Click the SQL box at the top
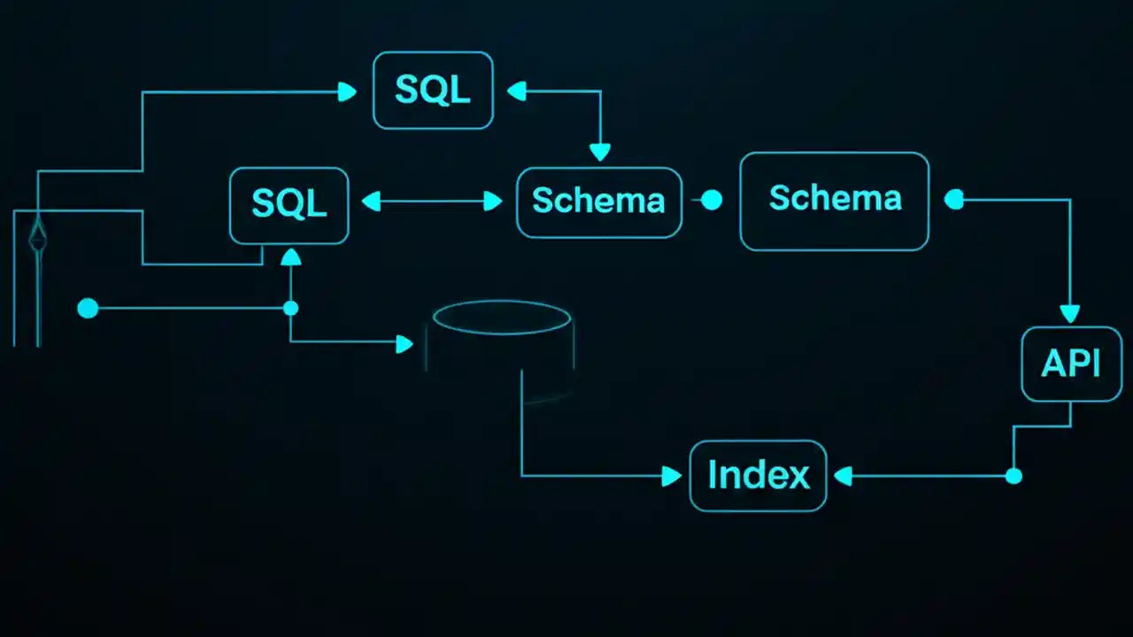[x=433, y=90]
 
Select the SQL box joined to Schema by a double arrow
[x=289, y=204]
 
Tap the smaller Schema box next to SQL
[x=598, y=202]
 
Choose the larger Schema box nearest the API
[x=834, y=200]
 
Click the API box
[x=1071, y=364]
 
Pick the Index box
[x=758, y=476]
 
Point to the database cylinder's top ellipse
[x=501, y=317]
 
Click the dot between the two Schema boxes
[x=712, y=201]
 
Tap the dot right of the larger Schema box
[x=953, y=200]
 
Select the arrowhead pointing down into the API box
[x=1070, y=314]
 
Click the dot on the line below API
[x=1014, y=476]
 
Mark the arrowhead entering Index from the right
[x=843, y=477]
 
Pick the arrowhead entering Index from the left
[x=673, y=477]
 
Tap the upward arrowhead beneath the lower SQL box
[x=290, y=257]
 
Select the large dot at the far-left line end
[x=88, y=308]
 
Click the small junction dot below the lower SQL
[x=290, y=308]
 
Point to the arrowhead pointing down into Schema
[x=600, y=152]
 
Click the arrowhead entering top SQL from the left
[x=347, y=91]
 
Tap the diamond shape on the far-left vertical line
[x=37, y=235]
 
